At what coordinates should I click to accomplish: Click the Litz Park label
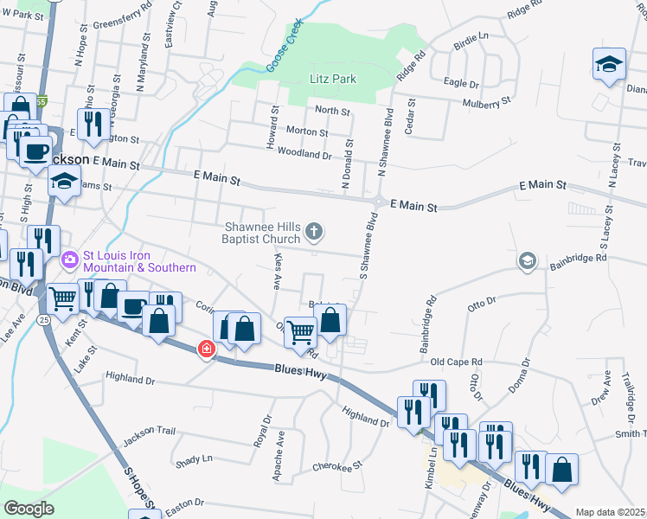333,80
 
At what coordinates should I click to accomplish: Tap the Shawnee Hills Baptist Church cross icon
314,231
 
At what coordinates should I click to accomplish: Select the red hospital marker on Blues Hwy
206,349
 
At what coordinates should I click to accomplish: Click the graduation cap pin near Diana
609,65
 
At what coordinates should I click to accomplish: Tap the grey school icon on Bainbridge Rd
526,261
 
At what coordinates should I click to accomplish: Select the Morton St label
306,132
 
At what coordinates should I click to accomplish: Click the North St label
332,111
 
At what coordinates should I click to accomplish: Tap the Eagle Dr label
461,83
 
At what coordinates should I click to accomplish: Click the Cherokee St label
338,466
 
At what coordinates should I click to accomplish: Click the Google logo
29,509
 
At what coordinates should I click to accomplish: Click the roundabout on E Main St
377,202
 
